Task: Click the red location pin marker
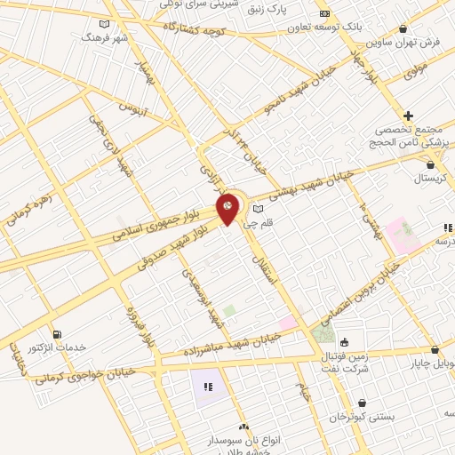[228, 210]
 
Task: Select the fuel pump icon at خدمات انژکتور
[57, 335]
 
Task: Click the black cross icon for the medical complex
[408, 116]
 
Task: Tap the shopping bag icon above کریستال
[431, 164]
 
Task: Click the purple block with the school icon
[207, 387]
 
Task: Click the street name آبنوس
[132, 110]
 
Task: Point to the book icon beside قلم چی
[259, 210]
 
